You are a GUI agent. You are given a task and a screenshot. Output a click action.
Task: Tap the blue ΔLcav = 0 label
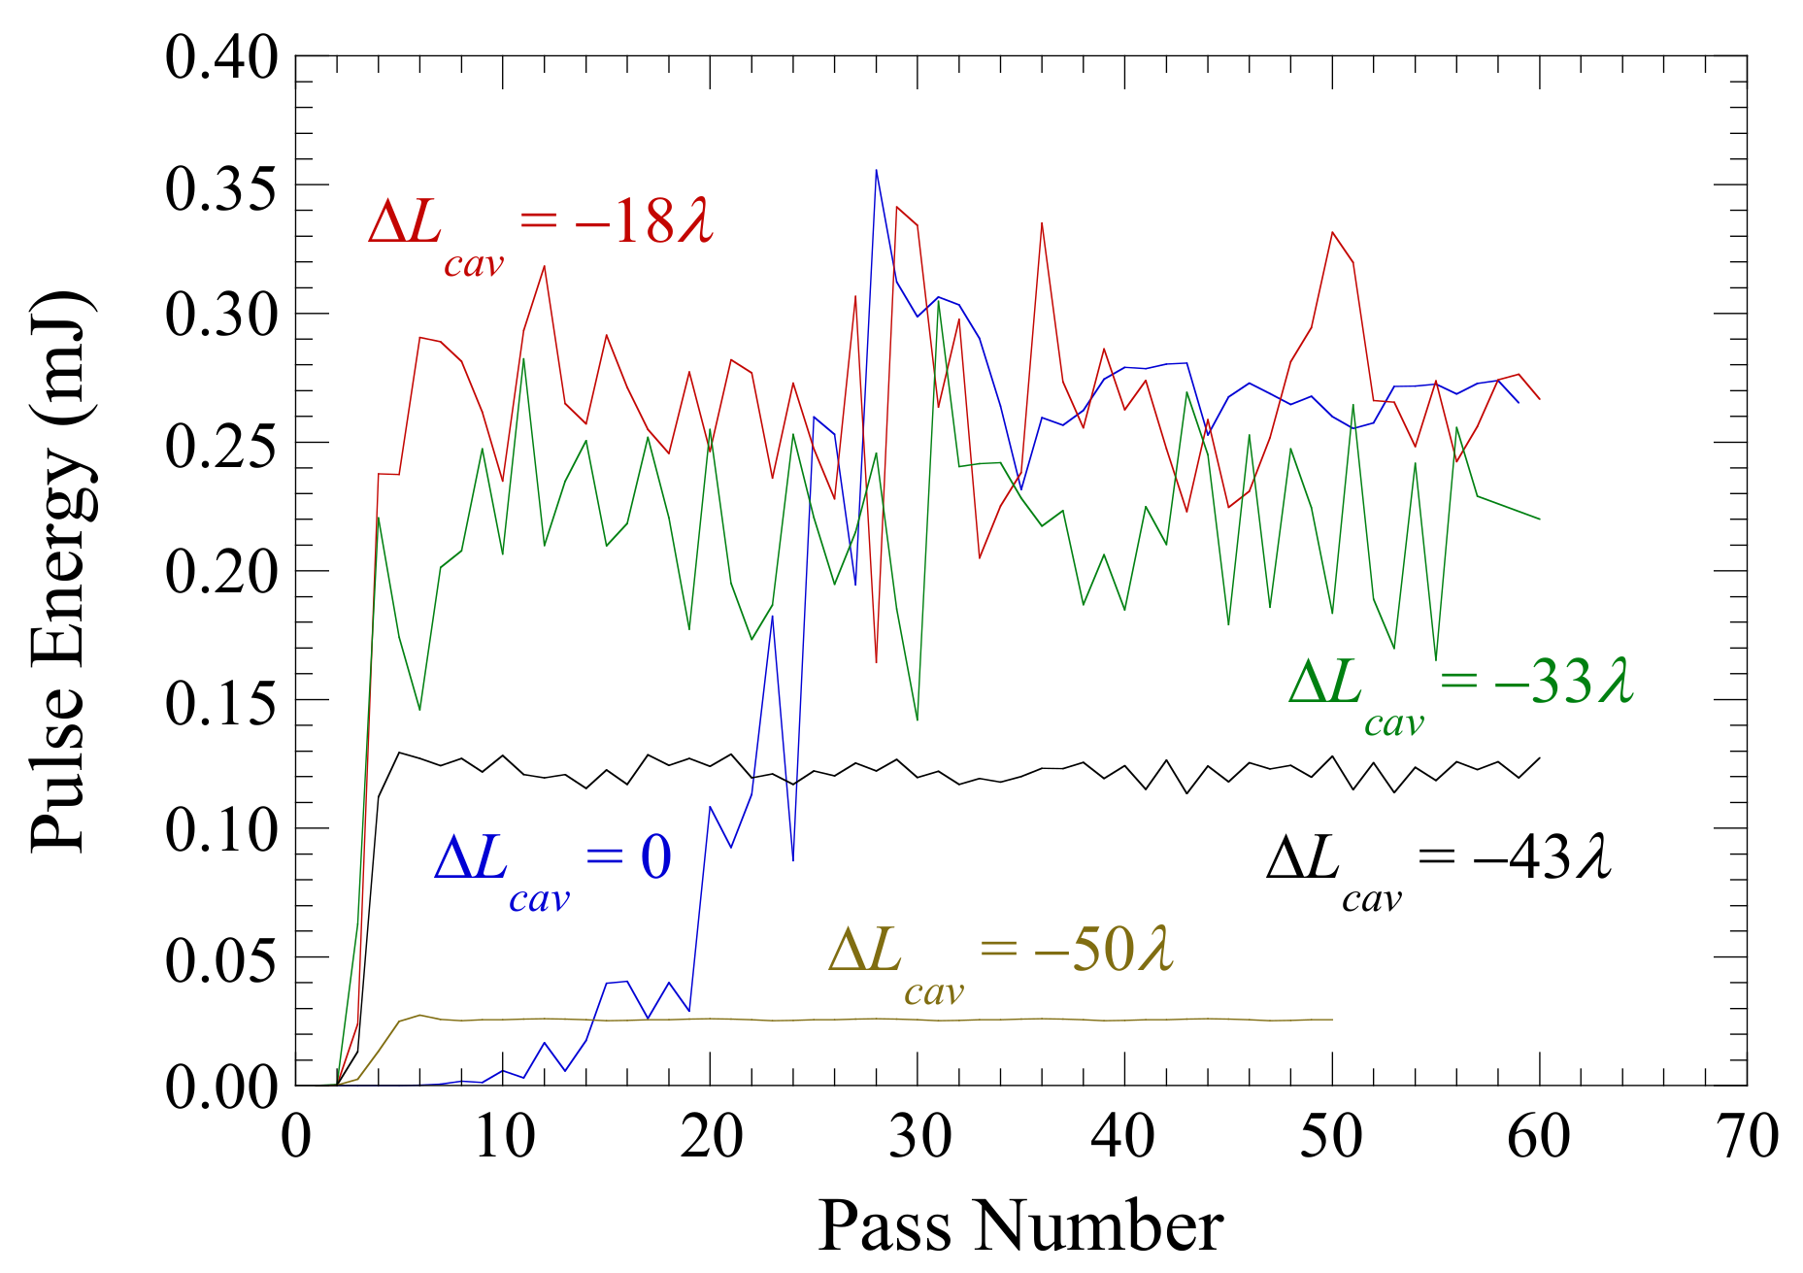[551, 865]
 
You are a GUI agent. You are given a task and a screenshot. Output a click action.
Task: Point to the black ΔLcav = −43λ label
[1438, 865]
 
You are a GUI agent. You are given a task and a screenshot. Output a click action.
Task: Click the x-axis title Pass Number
[1019, 1225]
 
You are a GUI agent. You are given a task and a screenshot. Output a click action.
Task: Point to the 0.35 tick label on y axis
[221, 187]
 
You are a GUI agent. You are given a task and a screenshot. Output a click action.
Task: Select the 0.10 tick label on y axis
[221, 830]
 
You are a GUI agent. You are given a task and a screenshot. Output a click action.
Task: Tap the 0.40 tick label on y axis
[221, 58]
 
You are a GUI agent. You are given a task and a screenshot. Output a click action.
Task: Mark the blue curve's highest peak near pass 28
[876, 171]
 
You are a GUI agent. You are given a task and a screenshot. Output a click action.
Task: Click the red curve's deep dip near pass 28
[876, 662]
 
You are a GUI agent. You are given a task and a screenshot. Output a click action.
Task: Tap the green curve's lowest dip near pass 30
[917, 720]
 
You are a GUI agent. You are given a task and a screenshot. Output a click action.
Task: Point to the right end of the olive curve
[1332, 1020]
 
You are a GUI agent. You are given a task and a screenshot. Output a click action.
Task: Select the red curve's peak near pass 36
[1042, 223]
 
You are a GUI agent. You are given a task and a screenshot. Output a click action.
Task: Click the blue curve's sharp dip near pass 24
[793, 860]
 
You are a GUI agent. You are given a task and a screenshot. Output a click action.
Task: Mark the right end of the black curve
[1539, 758]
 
